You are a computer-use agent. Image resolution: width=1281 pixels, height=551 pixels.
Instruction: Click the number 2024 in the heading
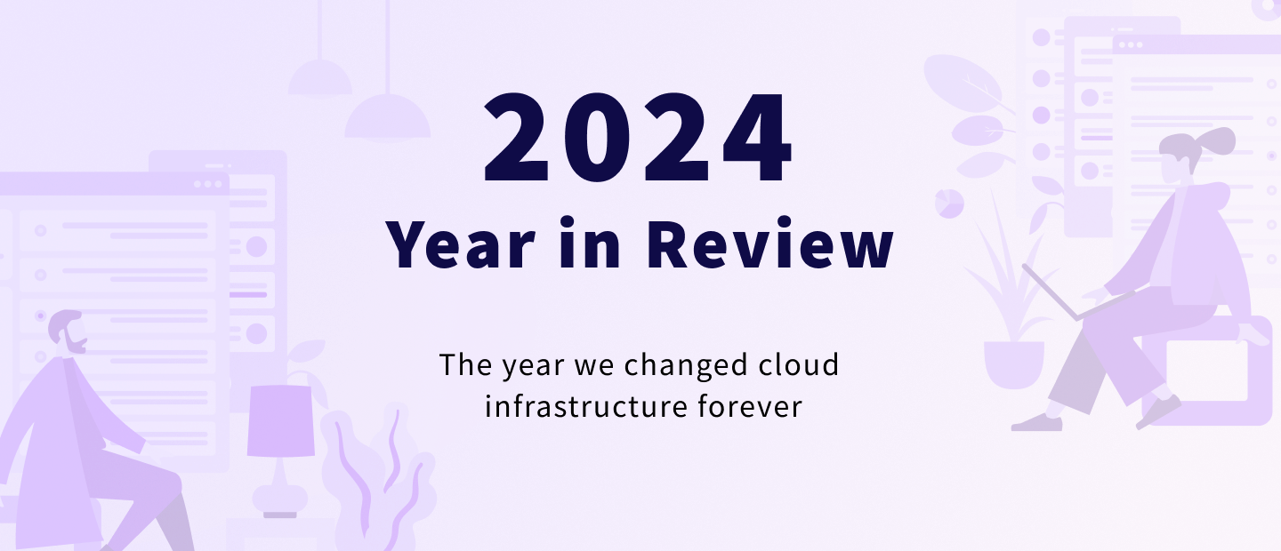pyautogui.click(x=638, y=138)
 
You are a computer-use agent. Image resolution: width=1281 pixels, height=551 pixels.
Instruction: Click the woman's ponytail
pyautogui.click(x=1218, y=140)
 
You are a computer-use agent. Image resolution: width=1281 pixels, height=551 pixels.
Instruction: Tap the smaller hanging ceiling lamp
pyautogui.click(x=320, y=78)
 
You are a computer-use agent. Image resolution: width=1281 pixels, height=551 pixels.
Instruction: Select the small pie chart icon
pyautogui.click(x=949, y=203)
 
